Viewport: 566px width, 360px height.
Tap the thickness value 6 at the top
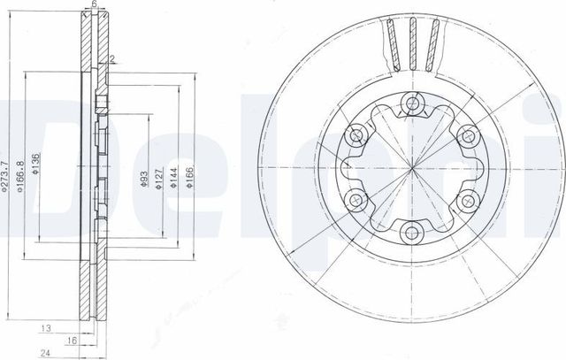tap(94, 4)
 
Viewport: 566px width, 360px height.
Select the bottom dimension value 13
tap(44, 326)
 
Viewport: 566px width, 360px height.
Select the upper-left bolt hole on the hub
tap(357, 137)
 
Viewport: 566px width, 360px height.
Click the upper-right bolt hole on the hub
tap(467, 137)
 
